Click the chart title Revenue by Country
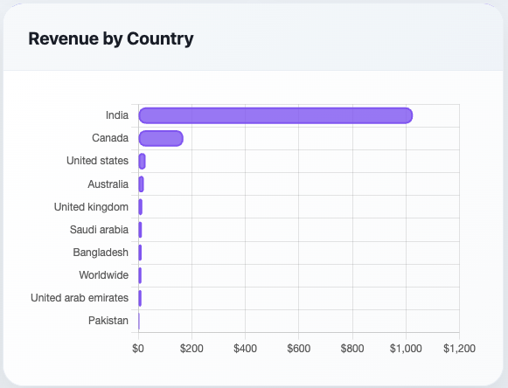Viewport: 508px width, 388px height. [x=111, y=38]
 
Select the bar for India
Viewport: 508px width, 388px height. [x=275, y=115]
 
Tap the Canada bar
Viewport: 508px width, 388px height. [x=160, y=138]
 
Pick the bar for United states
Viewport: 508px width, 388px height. [x=142, y=161]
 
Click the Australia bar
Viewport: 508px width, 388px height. [x=141, y=184]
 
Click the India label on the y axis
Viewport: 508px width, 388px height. [x=117, y=115]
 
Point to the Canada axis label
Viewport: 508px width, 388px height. [x=110, y=138]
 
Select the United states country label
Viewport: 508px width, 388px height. [x=98, y=161]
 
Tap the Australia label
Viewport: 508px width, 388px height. [x=108, y=184]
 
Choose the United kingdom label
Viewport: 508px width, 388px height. [x=92, y=207]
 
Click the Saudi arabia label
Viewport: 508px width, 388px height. [x=100, y=230]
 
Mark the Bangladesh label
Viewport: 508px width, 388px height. [x=101, y=253]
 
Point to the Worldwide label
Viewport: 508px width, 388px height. [x=104, y=275]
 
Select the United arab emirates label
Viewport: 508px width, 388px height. [x=80, y=298]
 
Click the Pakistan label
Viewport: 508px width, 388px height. [x=108, y=321]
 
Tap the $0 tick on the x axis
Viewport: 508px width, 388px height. [x=138, y=348]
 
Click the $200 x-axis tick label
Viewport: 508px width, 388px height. [x=191, y=348]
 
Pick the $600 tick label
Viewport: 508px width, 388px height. [x=299, y=348]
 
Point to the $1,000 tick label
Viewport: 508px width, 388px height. [x=406, y=348]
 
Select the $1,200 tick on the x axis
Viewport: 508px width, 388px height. [x=459, y=348]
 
